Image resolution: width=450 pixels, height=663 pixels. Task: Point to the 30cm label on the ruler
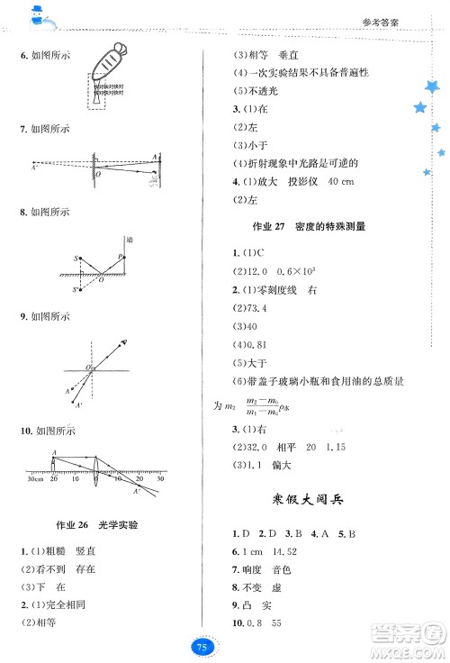(34, 479)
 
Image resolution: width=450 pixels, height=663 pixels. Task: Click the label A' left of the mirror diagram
(34, 168)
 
